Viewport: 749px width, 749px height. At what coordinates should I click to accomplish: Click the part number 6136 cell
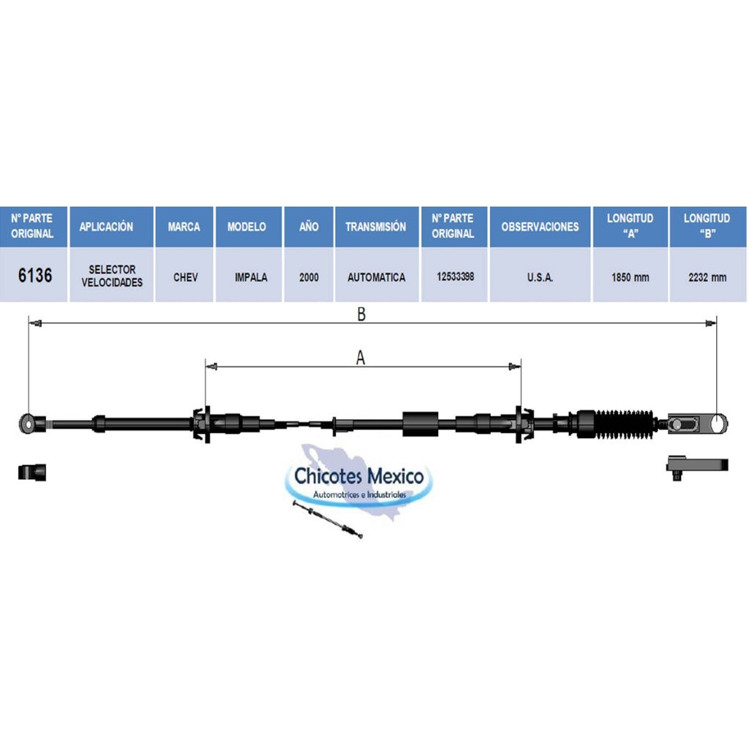(x=35, y=275)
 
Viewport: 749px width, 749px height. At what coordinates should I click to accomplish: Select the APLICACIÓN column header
(x=106, y=227)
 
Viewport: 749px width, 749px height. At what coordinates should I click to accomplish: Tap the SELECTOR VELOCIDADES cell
(x=112, y=276)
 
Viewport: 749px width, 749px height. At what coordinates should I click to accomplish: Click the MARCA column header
(x=184, y=227)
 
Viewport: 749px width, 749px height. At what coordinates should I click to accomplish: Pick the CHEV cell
(x=185, y=277)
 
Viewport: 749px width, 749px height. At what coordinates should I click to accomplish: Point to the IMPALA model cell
(x=251, y=277)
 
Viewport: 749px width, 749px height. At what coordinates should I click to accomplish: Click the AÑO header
(x=309, y=227)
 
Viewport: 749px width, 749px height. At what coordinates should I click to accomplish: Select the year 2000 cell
(x=309, y=277)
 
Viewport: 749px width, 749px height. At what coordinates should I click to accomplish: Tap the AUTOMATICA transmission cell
(x=377, y=277)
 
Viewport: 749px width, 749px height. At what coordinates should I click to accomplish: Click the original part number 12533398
(x=455, y=276)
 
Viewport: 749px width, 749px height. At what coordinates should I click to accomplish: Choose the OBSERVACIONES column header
(x=540, y=227)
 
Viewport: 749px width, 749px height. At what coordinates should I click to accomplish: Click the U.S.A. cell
(x=540, y=277)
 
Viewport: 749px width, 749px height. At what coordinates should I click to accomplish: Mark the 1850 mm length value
(x=630, y=277)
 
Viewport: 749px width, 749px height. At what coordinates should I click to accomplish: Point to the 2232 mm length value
(x=707, y=277)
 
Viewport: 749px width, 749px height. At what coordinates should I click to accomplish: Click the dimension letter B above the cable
(x=361, y=314)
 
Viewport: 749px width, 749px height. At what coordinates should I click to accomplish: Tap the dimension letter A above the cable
(x=360, y=357)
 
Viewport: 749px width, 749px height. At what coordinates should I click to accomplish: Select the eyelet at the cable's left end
(x=29, y=424)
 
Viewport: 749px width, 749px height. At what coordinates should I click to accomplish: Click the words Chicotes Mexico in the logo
(x=358, y=475)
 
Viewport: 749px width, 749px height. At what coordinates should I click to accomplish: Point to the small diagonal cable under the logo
(x=328, y=519)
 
